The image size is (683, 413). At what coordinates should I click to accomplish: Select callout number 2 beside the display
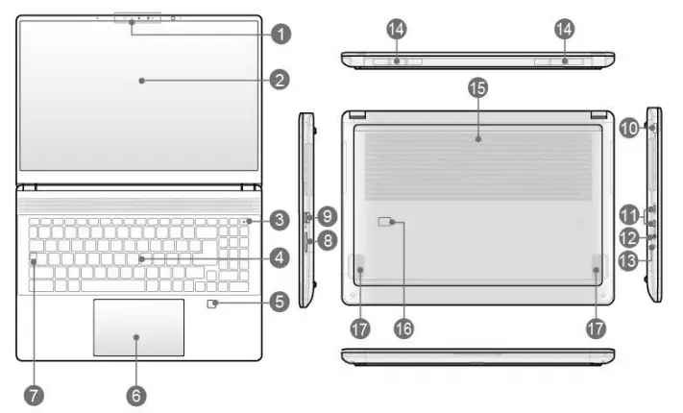click(279, 81)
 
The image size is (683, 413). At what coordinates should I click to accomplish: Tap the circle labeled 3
click(279, 221)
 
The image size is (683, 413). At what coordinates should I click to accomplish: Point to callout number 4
click(279, 257)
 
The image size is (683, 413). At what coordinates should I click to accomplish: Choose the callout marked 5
click(279, 303)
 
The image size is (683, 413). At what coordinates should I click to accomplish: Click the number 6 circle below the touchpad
click(136, 394)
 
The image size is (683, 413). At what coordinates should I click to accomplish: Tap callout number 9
click(327, 215)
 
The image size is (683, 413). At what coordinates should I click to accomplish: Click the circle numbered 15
click(476, 88)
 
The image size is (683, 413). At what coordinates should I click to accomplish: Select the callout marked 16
click(402, 328)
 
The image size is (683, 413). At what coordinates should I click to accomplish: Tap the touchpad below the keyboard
click(138, 328)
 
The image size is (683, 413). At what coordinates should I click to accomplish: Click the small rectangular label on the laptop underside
click(386, 223)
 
